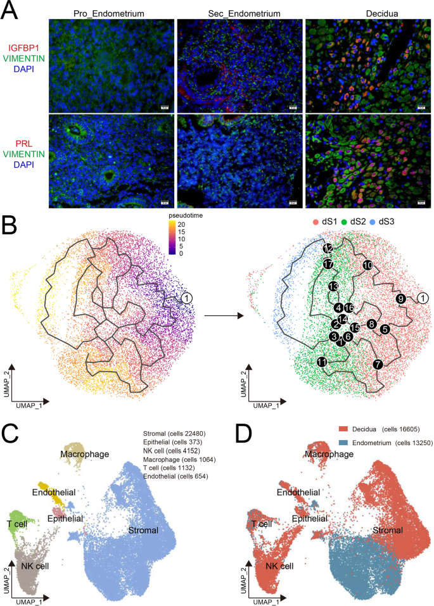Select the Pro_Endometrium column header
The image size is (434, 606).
[x=111, y=13]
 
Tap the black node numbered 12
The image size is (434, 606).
[x=328, y=248]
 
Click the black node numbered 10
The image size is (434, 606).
[x=367, y=265]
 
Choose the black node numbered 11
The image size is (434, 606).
[x=322, y=362]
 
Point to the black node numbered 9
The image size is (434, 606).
[x=400, y=299]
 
